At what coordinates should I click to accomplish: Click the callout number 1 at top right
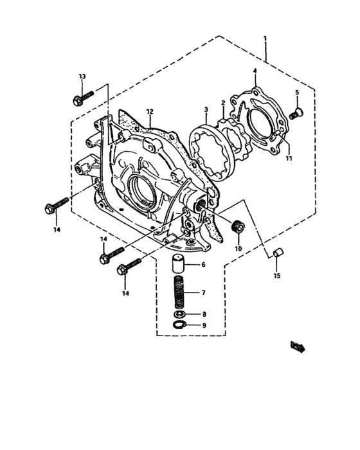[265, 39]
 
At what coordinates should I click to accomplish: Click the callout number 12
[149, 111]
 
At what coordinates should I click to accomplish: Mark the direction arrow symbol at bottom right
[297, 347]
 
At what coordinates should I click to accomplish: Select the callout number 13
[82, 76]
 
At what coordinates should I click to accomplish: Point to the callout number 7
[203, 292]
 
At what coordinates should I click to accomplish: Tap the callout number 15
[277, 276]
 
